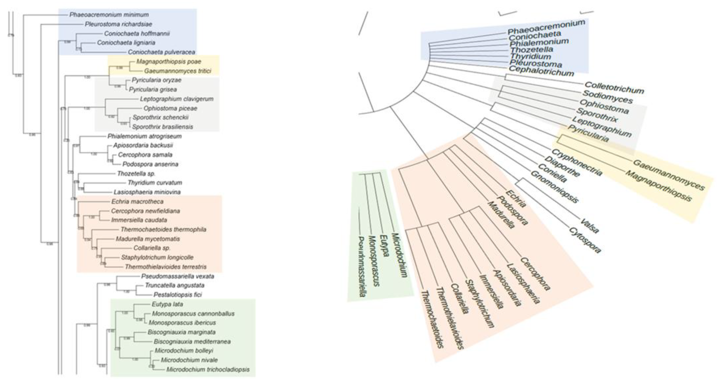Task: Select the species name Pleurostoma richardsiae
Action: pyautogui.click(x=118, y=24)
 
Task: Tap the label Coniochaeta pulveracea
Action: pyautogui.click(x=161, y=52)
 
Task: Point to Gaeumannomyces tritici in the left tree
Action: pyautogui.click(x=178, y=71)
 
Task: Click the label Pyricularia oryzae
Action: pyautogui.click(x=157, y=80)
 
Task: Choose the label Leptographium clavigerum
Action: pyautogui.click(x=177, y=99)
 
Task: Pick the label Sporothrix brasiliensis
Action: pyautogui.click(x=162, y=127)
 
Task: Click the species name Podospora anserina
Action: pyautogui.click(x=150, y=164)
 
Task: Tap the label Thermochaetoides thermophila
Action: pyautogui.click(x=163, y=229)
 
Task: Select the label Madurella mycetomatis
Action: pyautogui.click(x=148, y=239)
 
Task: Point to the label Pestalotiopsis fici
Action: pyautogui.click(x=178, y=295)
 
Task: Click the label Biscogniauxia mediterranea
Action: pyautogui.click(x=192, y=341)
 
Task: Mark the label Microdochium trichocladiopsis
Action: pyautogui.click(x=208, y=369)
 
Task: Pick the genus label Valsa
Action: pyautogui.click(x=589, y=226)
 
